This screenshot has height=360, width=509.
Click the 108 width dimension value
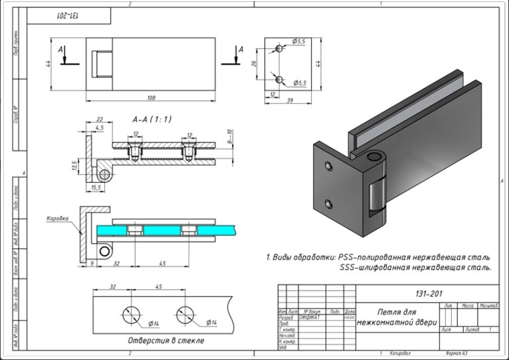click(x=152, y=97)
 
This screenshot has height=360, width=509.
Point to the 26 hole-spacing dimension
click(x=255, y=63)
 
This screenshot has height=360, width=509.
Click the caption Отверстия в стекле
click(x=166, y=340)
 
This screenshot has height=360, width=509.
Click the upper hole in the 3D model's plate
click(x=329, y=165)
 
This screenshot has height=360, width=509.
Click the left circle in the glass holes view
click(x=131, y=315)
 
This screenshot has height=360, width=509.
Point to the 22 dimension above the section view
click(x=99, y=119)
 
